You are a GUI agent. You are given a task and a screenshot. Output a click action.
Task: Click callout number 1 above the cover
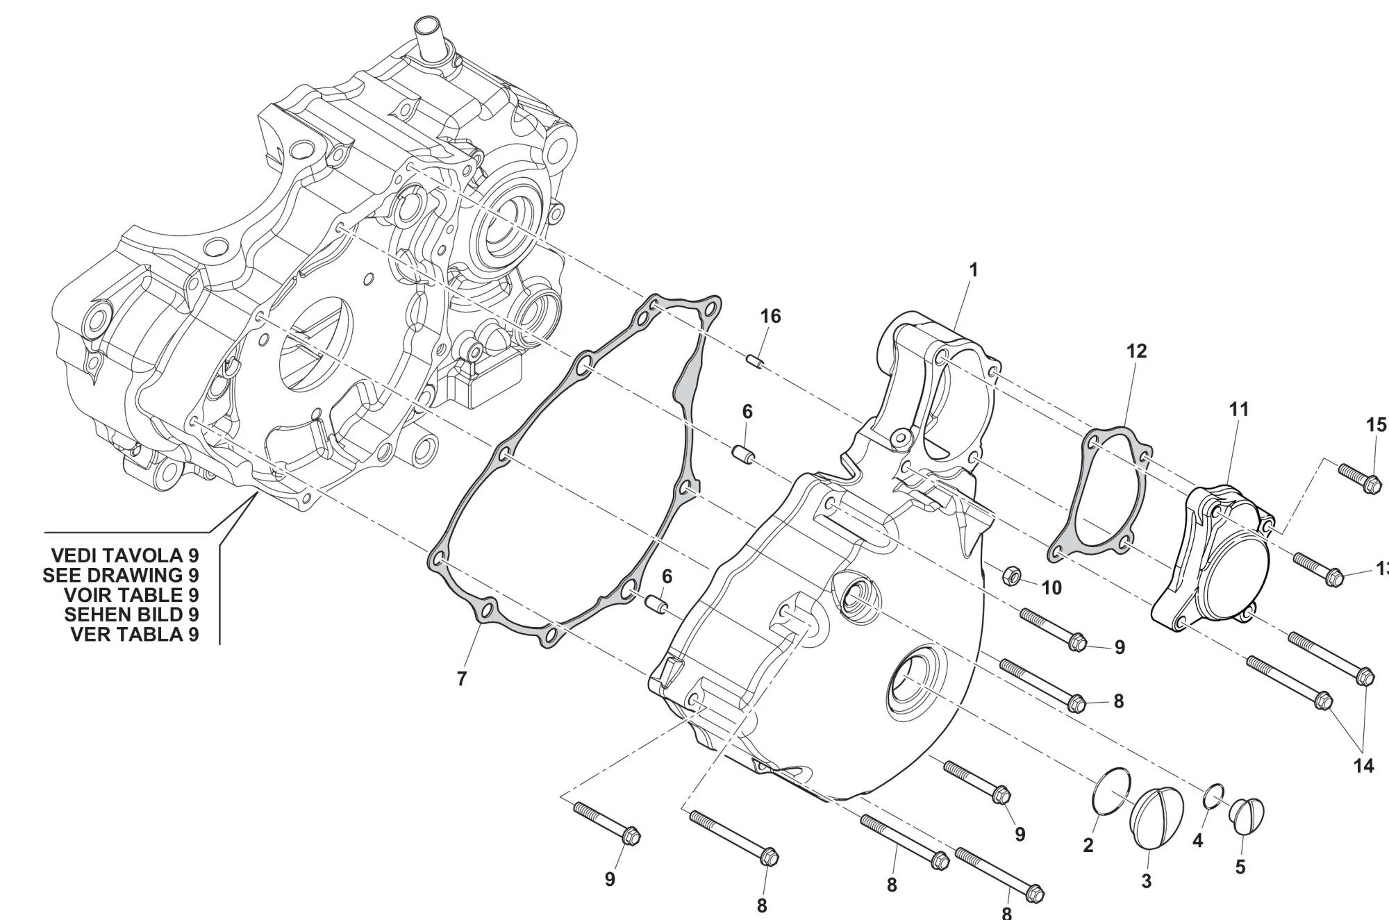click(x=973, y=270)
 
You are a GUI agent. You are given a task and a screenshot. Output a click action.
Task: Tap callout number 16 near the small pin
click(x=770, y=317)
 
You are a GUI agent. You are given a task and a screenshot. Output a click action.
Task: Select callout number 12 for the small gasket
click(x=1136, y=351)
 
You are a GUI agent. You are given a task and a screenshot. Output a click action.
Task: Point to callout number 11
click(x=1238, y=410)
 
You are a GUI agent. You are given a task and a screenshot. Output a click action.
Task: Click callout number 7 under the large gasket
click(x=462, y=679)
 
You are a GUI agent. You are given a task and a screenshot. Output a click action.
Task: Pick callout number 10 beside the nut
click(x=1051, y=588)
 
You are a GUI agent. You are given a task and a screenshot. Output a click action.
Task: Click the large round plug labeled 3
click(x=1158, y=817)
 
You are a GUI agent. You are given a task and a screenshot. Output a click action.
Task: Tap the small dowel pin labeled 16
click(x=754, y=362)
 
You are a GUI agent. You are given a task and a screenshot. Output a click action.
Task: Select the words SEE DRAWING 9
click(x=121, y=575)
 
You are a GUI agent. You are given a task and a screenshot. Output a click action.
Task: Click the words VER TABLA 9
click(x=135, y=634)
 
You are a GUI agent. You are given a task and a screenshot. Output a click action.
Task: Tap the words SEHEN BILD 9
click(x=131, y=614)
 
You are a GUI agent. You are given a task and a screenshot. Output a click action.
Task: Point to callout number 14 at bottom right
click(x=1363, y=766)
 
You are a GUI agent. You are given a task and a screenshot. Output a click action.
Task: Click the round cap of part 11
click(x=1239, y=569)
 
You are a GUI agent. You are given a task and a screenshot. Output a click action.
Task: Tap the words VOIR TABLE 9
click(x=131, y=595)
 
